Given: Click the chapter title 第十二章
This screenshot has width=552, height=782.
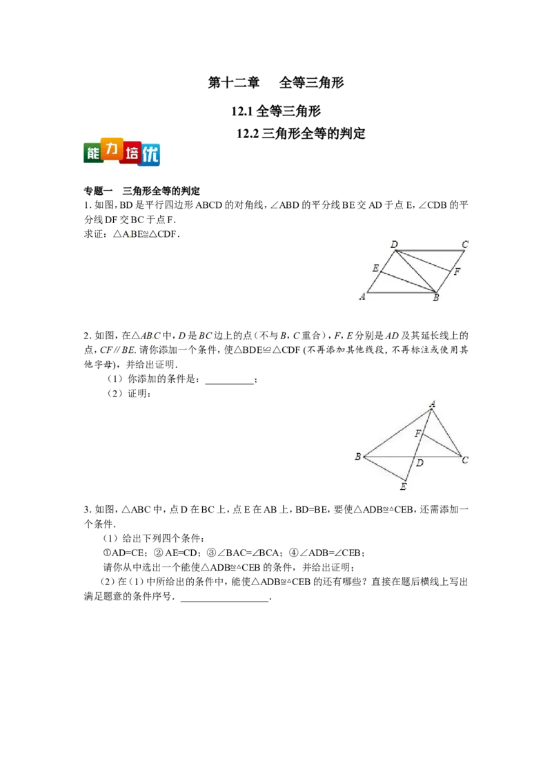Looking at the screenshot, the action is click(x=234, y=82).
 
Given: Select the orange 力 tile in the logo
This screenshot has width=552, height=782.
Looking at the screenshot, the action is click(x=112, y=149).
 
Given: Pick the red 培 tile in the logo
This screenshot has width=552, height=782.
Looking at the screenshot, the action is click(x=131, y=153).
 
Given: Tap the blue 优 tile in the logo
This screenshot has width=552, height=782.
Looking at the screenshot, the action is click(x=150, y=155).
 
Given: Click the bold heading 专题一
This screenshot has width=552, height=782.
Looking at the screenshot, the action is click(x=98, y=191).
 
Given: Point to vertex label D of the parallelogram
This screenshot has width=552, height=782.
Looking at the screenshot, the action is click(x=394, y=245).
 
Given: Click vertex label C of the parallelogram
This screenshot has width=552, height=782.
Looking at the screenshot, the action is click(x=465, y=245).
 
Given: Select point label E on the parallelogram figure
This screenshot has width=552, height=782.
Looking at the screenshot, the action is click(x=375, y=268).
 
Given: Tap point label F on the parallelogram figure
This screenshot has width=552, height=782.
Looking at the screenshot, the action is click(x=457, y=271).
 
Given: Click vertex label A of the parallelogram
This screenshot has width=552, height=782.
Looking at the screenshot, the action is click(x=362, y=297).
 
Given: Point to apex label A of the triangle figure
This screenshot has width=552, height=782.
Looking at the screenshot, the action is click(x=433, y=404).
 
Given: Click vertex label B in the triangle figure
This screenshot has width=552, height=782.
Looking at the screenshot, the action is click(x=357, y=457).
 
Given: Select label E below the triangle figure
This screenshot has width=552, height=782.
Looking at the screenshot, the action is click(x=403, y=487).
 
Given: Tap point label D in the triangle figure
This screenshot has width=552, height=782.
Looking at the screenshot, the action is click(x=420, y=464).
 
